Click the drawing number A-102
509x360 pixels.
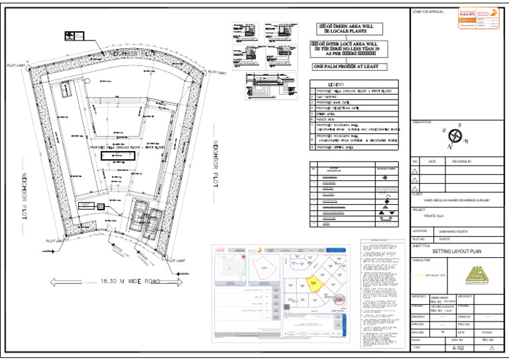pos(459,348)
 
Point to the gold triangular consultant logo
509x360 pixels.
pos(476,274)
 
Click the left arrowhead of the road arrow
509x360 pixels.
pos(47,281)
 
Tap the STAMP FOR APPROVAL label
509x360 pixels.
pos(428,12)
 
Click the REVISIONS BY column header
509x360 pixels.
pos(462,161)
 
